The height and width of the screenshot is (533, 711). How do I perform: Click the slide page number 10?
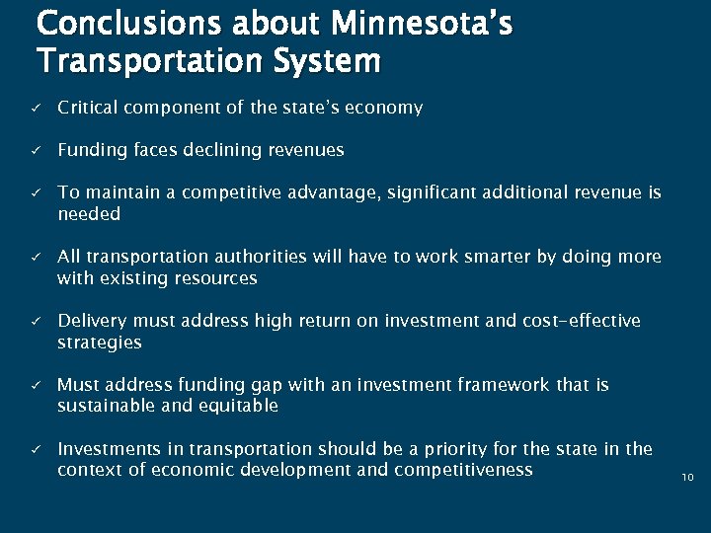point(687,478)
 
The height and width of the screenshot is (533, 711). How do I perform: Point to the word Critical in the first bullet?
point(85,108)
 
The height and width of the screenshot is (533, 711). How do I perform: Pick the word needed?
point(89,214)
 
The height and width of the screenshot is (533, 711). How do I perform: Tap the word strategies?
point(100,343)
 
